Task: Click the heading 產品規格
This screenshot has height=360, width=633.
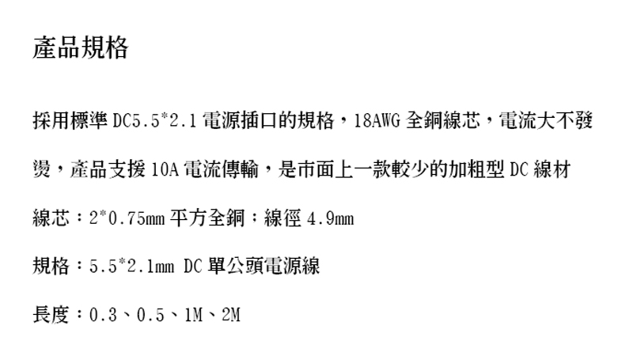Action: click(80, 48)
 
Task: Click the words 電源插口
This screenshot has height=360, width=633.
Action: click(241, 123)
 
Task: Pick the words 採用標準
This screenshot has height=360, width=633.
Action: click(70, 123)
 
